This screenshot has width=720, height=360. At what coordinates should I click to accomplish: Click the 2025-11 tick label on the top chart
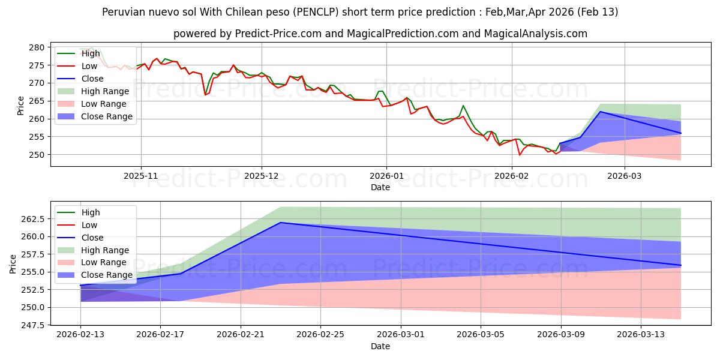click(141, 176)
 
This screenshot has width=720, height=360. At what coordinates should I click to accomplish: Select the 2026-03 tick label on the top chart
click(624, 176)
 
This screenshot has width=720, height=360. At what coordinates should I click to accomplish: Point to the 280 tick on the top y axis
click(36, 47)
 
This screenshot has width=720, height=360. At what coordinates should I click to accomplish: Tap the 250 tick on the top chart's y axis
click(36, 155)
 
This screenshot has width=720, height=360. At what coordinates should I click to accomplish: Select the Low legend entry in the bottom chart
click(89, 225)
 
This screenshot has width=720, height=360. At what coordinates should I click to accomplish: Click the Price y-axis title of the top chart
click(21, 104)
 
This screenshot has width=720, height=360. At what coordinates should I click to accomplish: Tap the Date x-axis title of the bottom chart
click(380, 346)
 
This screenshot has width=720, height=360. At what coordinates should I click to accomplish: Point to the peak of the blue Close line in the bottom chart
click(281, 223)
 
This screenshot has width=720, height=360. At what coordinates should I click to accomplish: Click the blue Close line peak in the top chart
click(600, 112)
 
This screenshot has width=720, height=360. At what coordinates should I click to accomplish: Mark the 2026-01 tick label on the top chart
click(386, 176)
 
